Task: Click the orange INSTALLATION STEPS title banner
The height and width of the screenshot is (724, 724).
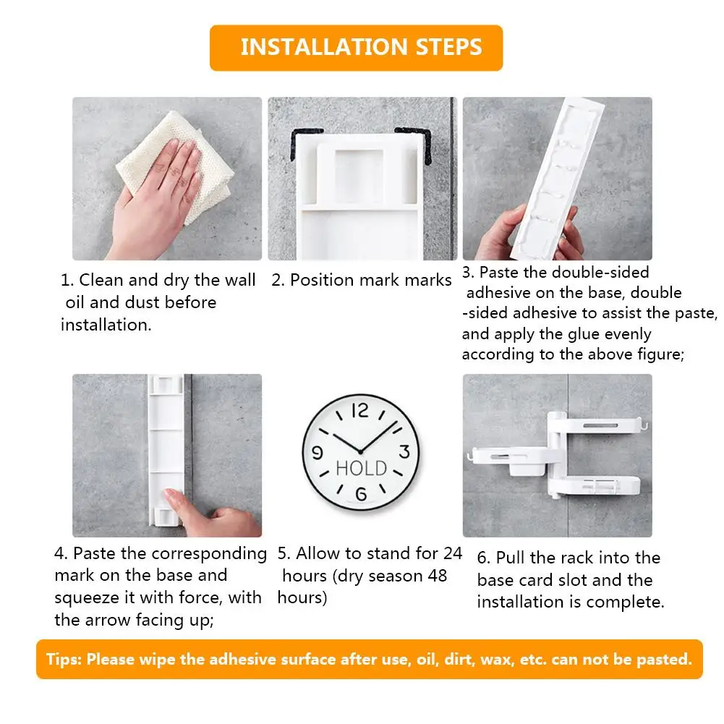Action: [356, 48]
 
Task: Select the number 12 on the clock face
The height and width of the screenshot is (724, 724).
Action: [360, 411]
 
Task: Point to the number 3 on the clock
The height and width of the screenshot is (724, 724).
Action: [404, 451]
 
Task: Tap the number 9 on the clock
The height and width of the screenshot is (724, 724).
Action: [318, 452]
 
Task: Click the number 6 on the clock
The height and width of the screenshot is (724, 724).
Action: [361, 494]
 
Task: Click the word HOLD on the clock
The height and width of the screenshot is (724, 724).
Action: [361, 468]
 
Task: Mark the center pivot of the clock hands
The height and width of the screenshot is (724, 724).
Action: [360, 451]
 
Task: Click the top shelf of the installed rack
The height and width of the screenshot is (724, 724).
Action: [598, 425]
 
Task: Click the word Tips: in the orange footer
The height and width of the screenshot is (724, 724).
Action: [64, 660]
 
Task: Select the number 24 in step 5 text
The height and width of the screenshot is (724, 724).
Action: [453, 553]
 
